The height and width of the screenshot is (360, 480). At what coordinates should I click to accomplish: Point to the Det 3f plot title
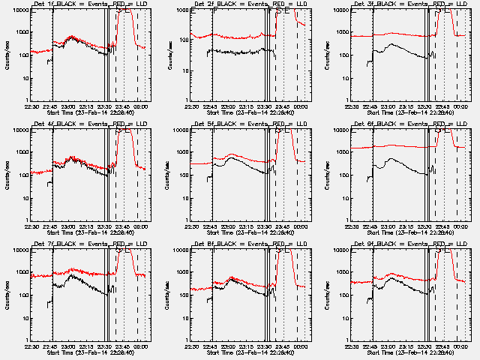(412, 4)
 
